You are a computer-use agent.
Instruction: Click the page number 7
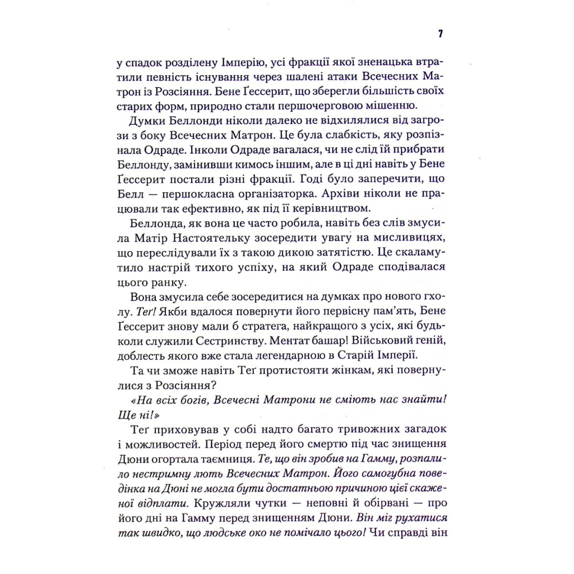click(440, 34)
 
